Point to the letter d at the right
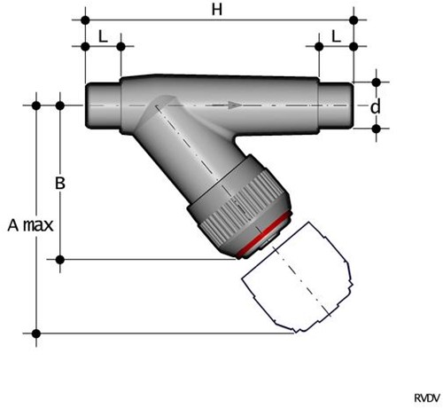376,106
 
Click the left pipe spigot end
102,105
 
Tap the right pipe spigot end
336,105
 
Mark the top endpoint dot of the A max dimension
36,105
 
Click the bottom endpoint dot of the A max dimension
36,333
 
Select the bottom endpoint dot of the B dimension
60,259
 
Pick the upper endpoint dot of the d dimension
376,82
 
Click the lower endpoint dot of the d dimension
376,129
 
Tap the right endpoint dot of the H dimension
354,17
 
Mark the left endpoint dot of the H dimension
85,17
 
